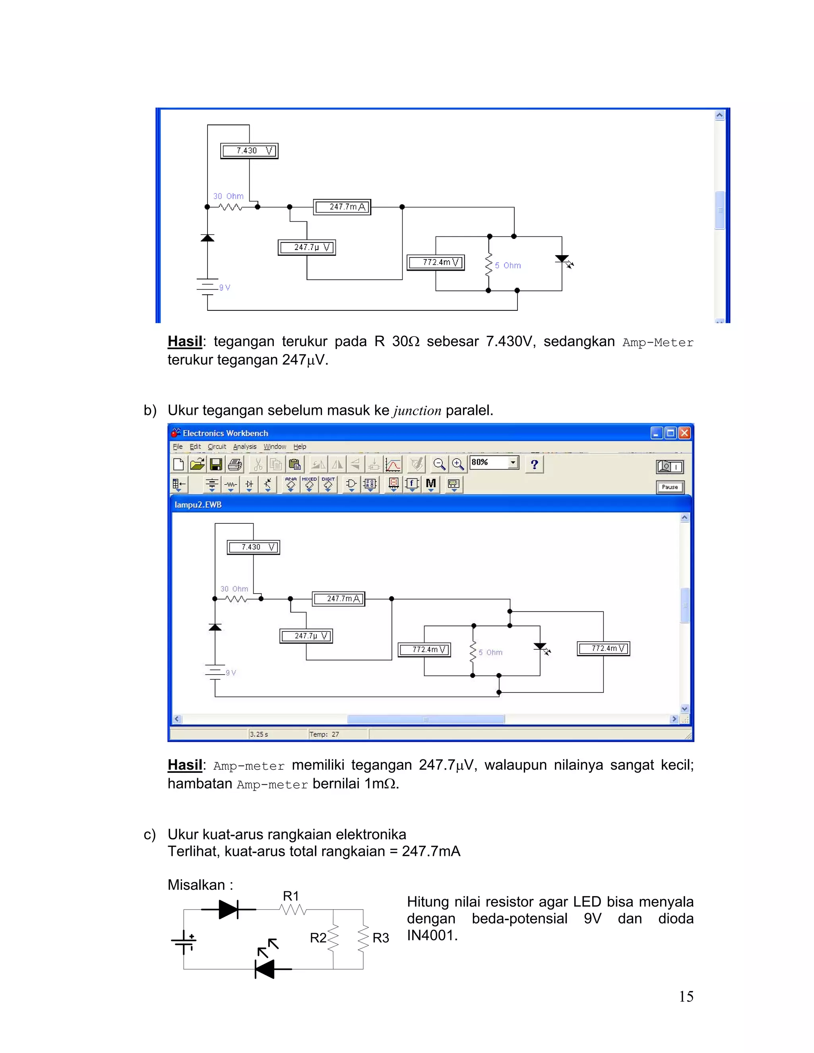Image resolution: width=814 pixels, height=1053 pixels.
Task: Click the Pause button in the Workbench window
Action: (x=670, y=487)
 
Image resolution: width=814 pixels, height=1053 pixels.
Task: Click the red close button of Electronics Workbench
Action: (x=684, y=433)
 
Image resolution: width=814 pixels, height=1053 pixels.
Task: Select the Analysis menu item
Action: (x=244, y=447)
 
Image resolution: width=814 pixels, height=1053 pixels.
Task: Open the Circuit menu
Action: (x=217, y=447)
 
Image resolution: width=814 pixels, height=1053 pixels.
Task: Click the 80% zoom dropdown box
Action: (x=494, y=463)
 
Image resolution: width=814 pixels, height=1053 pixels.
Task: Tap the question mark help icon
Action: (x=534, y=464)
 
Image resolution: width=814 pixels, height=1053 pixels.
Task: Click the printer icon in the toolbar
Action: (x=235, y=464)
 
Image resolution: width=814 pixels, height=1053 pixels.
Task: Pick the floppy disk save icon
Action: (x=216, y=464)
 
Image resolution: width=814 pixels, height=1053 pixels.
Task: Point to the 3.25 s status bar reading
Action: (x=259, y=734)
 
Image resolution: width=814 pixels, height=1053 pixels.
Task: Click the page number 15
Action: (x=686, y=996)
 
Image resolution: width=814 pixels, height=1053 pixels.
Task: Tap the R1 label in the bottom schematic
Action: (x=291, y=896)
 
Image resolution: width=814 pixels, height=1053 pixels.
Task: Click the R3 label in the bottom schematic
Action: (x=380, y=938)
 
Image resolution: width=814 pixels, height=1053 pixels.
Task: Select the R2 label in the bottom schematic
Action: (x=318, y=938)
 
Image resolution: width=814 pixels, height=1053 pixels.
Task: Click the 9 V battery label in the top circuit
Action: (x=225, y=287)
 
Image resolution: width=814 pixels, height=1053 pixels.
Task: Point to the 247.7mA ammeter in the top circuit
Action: (x=342, y=207)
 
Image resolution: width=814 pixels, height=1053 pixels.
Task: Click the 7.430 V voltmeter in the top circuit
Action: (x=249, y=151)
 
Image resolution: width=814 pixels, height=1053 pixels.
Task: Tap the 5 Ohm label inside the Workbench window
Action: (x=490, y=652)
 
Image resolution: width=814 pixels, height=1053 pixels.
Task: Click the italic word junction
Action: (x=417, y=411)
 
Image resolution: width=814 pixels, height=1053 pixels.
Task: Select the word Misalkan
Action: (x=196, y=885)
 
